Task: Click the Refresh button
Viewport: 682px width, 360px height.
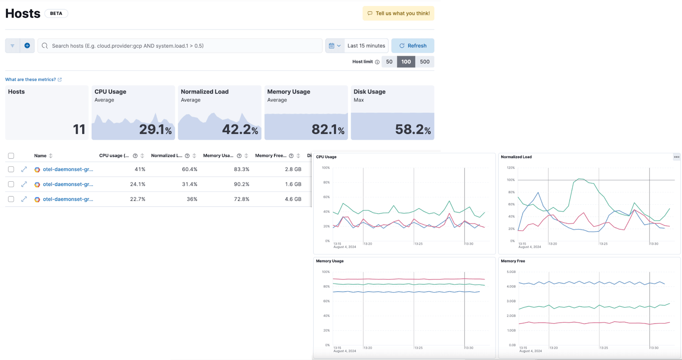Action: pos(413,46)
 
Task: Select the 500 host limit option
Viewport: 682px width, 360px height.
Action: pos(425,62)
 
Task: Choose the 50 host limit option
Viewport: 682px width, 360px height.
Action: pos(389,62)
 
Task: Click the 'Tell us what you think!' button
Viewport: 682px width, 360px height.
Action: pos(399,13)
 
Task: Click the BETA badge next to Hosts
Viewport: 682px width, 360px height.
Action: pos(56,13)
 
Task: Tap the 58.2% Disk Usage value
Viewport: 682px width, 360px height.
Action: pos(413,129)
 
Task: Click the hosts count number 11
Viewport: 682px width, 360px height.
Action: pos(79,129)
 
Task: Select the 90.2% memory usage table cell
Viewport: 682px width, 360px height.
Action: pos(242,184)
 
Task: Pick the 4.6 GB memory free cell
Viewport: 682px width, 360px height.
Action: pos(293,199)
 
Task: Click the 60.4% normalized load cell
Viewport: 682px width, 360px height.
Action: pos(190,169)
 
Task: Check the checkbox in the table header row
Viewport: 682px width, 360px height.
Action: pos(11,156)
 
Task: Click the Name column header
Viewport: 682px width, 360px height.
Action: pos(40,156)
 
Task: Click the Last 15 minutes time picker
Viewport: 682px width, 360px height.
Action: pos(366,46)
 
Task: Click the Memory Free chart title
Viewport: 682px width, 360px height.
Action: pos(513,261)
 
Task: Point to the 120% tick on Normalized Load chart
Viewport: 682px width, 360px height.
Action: pos(511,168)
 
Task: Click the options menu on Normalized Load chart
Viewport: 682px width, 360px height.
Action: pos(676,157)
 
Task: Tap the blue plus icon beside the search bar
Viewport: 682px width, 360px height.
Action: pos(27,46)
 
